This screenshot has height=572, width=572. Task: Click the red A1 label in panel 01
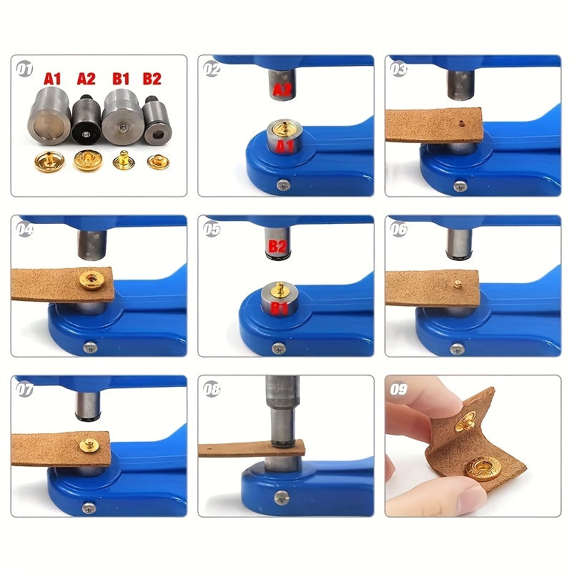(52, 79)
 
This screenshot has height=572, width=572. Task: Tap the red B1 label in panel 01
(121, 79)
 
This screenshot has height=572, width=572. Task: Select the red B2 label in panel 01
(152, 79)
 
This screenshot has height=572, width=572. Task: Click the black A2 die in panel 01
(86, 119)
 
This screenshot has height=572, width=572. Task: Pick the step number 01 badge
(24, 69)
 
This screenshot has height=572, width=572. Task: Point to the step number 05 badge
(212, 229)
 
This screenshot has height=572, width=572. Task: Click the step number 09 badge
(398, 389)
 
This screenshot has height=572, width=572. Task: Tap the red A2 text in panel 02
(282, 89)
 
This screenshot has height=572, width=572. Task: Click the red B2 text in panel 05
(277, 247)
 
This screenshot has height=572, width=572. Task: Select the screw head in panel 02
(283, 185)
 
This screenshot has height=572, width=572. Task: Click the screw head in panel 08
(281, 496)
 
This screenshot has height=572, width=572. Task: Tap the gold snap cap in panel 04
(91, 280)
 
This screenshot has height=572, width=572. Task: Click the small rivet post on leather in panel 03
(461, 123)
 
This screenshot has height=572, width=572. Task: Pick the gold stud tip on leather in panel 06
(456, 283)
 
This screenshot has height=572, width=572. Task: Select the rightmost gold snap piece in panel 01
(159, 162)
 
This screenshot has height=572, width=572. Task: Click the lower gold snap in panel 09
(483, 468)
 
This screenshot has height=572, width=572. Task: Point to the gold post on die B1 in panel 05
(280, 289)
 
